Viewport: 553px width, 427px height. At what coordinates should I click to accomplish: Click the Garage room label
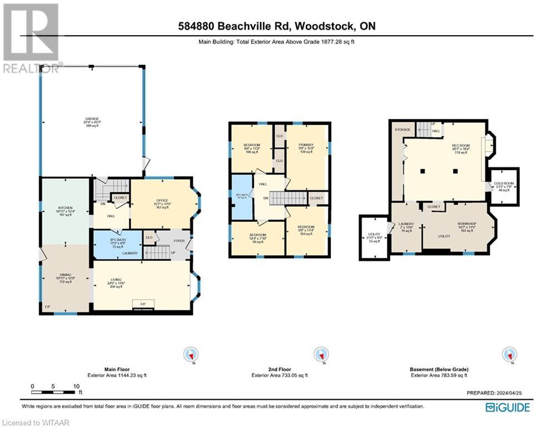pyautogui.click(x=92, y=119)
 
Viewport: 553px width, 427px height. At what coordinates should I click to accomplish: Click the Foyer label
pyautogui.click(x=178, y=241)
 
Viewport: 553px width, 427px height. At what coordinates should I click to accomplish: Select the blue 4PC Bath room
pyautogui.click(x=241, y=197)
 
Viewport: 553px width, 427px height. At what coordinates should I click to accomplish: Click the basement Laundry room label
pyautogui.click(x=406, y=224)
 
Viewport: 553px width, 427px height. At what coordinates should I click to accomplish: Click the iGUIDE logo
pyautogui.click(x=507, y=408)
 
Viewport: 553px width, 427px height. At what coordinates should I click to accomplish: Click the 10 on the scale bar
pyautogui.click(x=75, y=386)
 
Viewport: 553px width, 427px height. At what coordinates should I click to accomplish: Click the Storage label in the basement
pyautogui.click(x=402, y=130)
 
